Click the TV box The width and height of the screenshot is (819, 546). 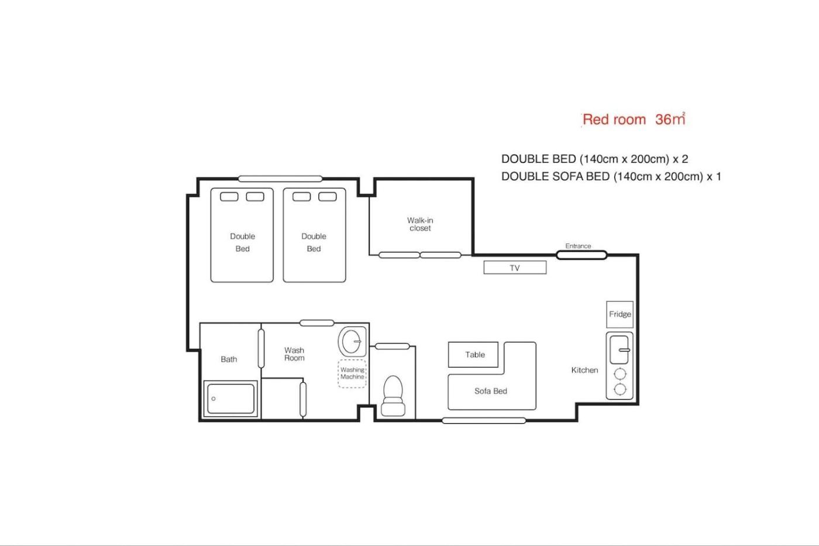[515, 267]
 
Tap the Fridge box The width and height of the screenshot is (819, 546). [620, 314]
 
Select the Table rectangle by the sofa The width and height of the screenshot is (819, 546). [473, 355]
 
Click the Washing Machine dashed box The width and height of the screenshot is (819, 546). [352, 373]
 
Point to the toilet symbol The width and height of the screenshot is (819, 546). [393, 396]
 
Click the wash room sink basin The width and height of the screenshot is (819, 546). [352, 341]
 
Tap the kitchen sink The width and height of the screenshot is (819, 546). [620, 350]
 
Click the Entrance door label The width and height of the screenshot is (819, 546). [578, 246]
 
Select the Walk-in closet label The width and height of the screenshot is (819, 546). [420, 224]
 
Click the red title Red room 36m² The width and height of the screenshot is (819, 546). [634, 119]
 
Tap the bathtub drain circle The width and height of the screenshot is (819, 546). [214, 399]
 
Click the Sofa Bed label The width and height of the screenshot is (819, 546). [491, 391]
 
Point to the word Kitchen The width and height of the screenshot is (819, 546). [584, 370]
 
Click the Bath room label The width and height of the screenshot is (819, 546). [229, 359]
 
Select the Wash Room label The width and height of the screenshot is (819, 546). [294, 354]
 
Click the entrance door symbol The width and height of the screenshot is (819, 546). [581, 255]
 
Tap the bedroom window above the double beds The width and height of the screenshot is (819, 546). [280, 179]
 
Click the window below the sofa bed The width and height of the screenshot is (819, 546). [484, 421]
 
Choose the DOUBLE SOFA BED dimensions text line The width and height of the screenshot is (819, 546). [611, 177]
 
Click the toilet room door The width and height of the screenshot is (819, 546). [392, 346]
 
